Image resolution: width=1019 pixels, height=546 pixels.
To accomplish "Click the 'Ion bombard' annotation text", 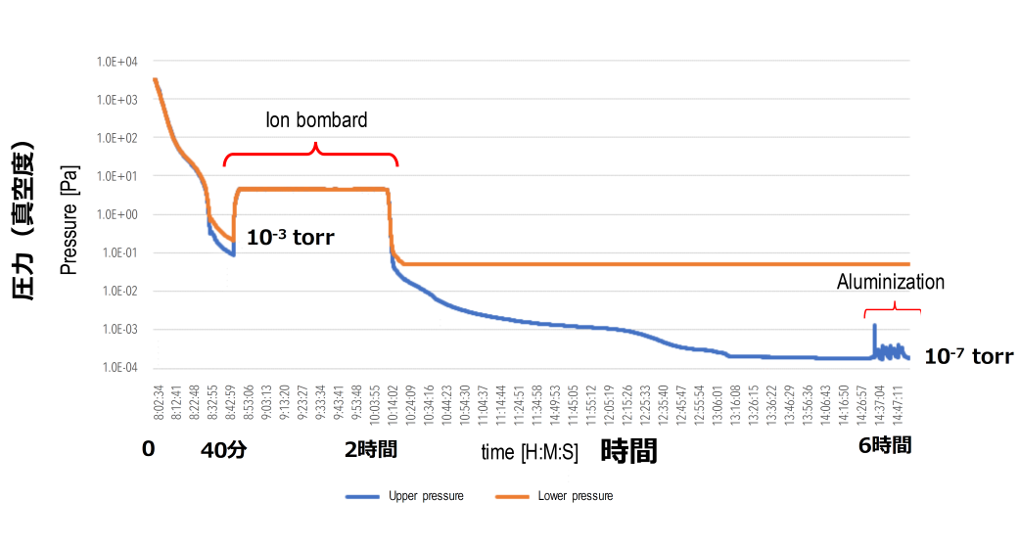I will (x=317, y=120).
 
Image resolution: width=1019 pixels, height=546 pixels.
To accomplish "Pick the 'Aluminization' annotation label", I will (x=891, y=282).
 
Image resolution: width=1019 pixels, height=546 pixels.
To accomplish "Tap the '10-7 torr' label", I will (x=968, y=357).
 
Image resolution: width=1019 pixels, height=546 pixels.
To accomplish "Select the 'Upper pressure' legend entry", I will (x=405, y=496).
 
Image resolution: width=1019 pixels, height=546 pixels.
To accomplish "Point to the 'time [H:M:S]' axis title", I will (x=528, y=452).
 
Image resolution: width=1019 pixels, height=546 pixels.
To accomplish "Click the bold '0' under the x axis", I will (x=148, y=449).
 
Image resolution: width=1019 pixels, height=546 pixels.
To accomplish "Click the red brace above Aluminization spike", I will (x=892, y=310).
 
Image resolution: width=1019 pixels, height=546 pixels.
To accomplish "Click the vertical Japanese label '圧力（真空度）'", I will (x=24, y=221).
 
